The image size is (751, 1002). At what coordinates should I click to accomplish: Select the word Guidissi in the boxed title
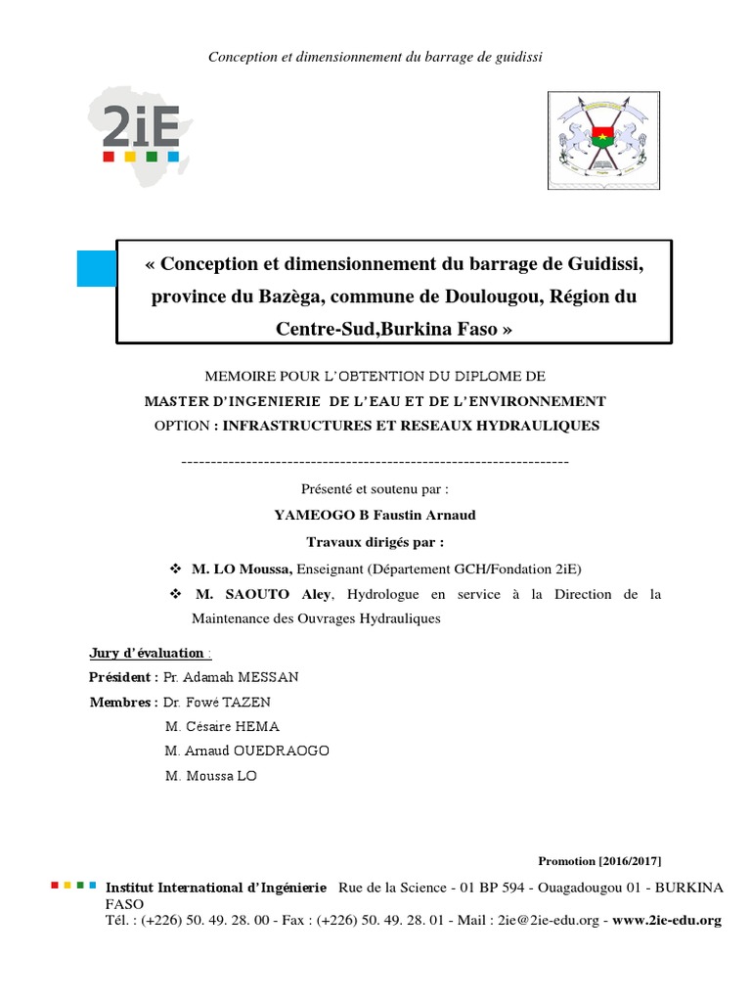pos(601,264)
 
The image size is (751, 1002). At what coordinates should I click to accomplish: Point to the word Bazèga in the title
pos(261,296)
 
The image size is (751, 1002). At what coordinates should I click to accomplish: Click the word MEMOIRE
pos(239,377)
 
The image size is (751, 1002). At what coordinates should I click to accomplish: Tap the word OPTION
pos(182,426)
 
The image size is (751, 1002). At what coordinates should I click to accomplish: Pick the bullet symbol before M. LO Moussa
pos(177,569)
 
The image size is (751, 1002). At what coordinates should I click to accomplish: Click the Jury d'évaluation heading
pos(147,653)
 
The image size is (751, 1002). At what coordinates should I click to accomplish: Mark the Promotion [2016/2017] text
pos(599,860)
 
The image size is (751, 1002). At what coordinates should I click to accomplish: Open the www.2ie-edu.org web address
pos(667,920)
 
